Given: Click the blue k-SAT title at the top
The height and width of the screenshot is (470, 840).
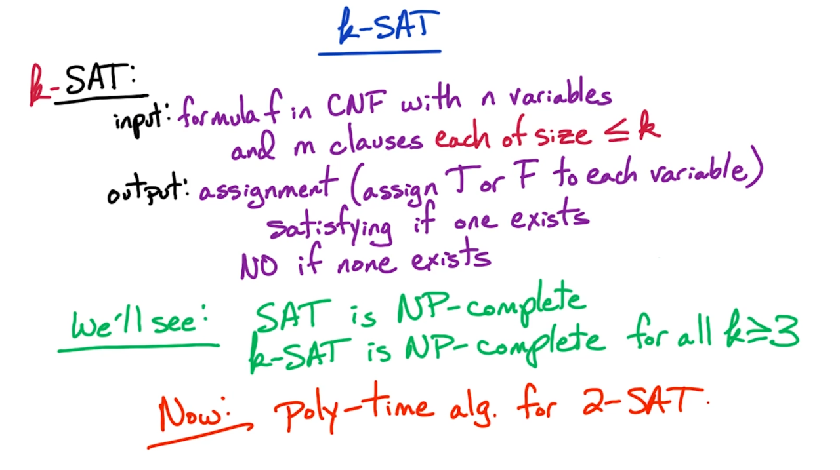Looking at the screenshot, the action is [x=388, y=26].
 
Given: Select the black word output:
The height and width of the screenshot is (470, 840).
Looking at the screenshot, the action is [x=148, y=189].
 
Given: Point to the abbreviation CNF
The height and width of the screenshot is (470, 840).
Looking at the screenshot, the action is [x=356, y=104].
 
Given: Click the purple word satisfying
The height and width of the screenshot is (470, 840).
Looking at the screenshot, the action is [x=329, y=227].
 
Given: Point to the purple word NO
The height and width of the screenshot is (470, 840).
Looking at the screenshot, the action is [x=259, y=266].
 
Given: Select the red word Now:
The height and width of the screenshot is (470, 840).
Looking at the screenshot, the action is [x=195, y=414].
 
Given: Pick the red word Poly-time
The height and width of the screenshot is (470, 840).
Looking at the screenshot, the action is [x=354, y=408].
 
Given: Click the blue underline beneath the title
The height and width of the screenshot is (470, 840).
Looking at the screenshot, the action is [x=379, y=53].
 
